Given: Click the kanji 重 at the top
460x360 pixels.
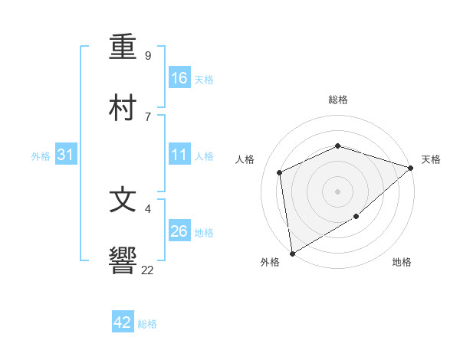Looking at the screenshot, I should coord(123,47).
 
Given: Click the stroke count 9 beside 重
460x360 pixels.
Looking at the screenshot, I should coord(148,56).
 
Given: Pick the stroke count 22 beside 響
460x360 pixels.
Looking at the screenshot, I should coord(147,270).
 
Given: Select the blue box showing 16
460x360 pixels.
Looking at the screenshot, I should coord(179,77).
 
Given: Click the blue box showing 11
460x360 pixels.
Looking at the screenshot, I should coord(179,155).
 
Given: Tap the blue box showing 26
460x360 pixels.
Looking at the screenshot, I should coord(179,231).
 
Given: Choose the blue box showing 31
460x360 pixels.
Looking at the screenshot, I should coord(66,155).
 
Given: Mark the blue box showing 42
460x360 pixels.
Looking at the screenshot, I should coord(123,322).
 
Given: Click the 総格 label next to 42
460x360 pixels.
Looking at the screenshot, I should coord(147,324).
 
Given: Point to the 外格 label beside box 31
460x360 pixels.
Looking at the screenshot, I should coord(41,156).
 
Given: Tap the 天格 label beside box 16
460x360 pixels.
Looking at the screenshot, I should coord(204,79).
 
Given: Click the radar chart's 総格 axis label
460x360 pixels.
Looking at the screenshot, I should coord(337,100).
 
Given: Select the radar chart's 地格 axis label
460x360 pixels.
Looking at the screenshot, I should coord(402,263).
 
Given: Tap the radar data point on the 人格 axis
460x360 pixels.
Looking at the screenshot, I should coord(280,172).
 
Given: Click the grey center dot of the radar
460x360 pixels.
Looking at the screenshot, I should coord(337,191).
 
